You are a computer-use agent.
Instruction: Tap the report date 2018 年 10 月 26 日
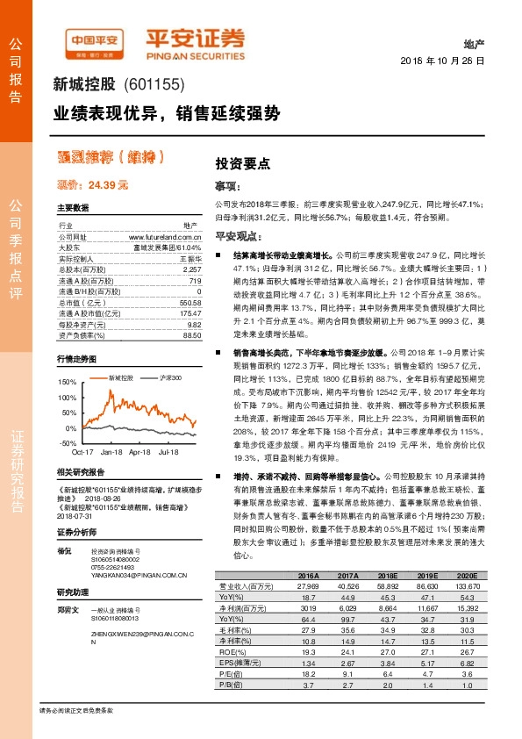tap(454, 61)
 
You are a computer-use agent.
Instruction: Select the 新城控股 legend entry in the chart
tap(120, 377)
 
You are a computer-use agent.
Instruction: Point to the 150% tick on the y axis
tap(66, 384)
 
